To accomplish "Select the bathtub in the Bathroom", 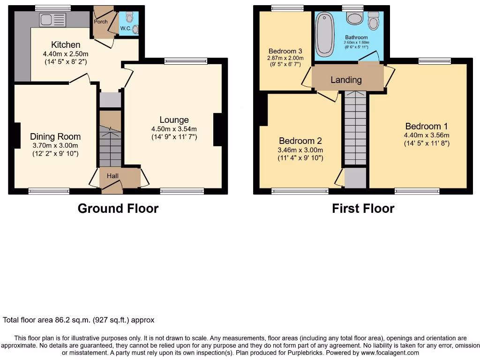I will (x=323, y=34).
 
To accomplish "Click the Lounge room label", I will (x=173, y=120).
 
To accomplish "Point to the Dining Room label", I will (x=55, y=136).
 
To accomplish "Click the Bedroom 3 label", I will (x=285, y=51).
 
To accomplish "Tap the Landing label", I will (x=346, y=80).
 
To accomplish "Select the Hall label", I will (x=112, y=176).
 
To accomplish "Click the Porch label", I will (x=101, y=22).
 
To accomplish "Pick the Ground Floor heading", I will (x=118, y=208).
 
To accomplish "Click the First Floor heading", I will (x=363, y=208).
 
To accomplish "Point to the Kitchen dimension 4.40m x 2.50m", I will (x=66, y=54).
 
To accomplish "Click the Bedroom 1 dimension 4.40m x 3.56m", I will (x=427, y=135).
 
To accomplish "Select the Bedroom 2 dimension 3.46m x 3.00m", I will (x=300, y=150).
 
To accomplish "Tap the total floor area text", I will (x=79, y=320).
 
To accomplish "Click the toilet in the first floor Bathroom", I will (x=373, y=22).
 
